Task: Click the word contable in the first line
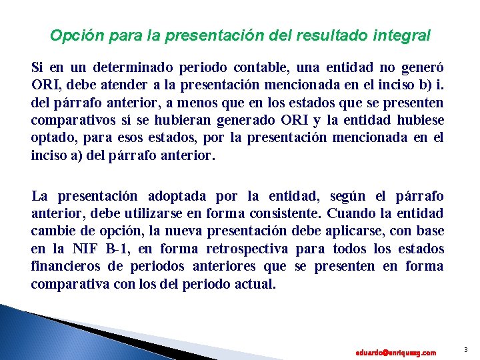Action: [254, 69]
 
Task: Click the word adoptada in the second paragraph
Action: [179, 197]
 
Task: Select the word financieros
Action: [64, 266]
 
